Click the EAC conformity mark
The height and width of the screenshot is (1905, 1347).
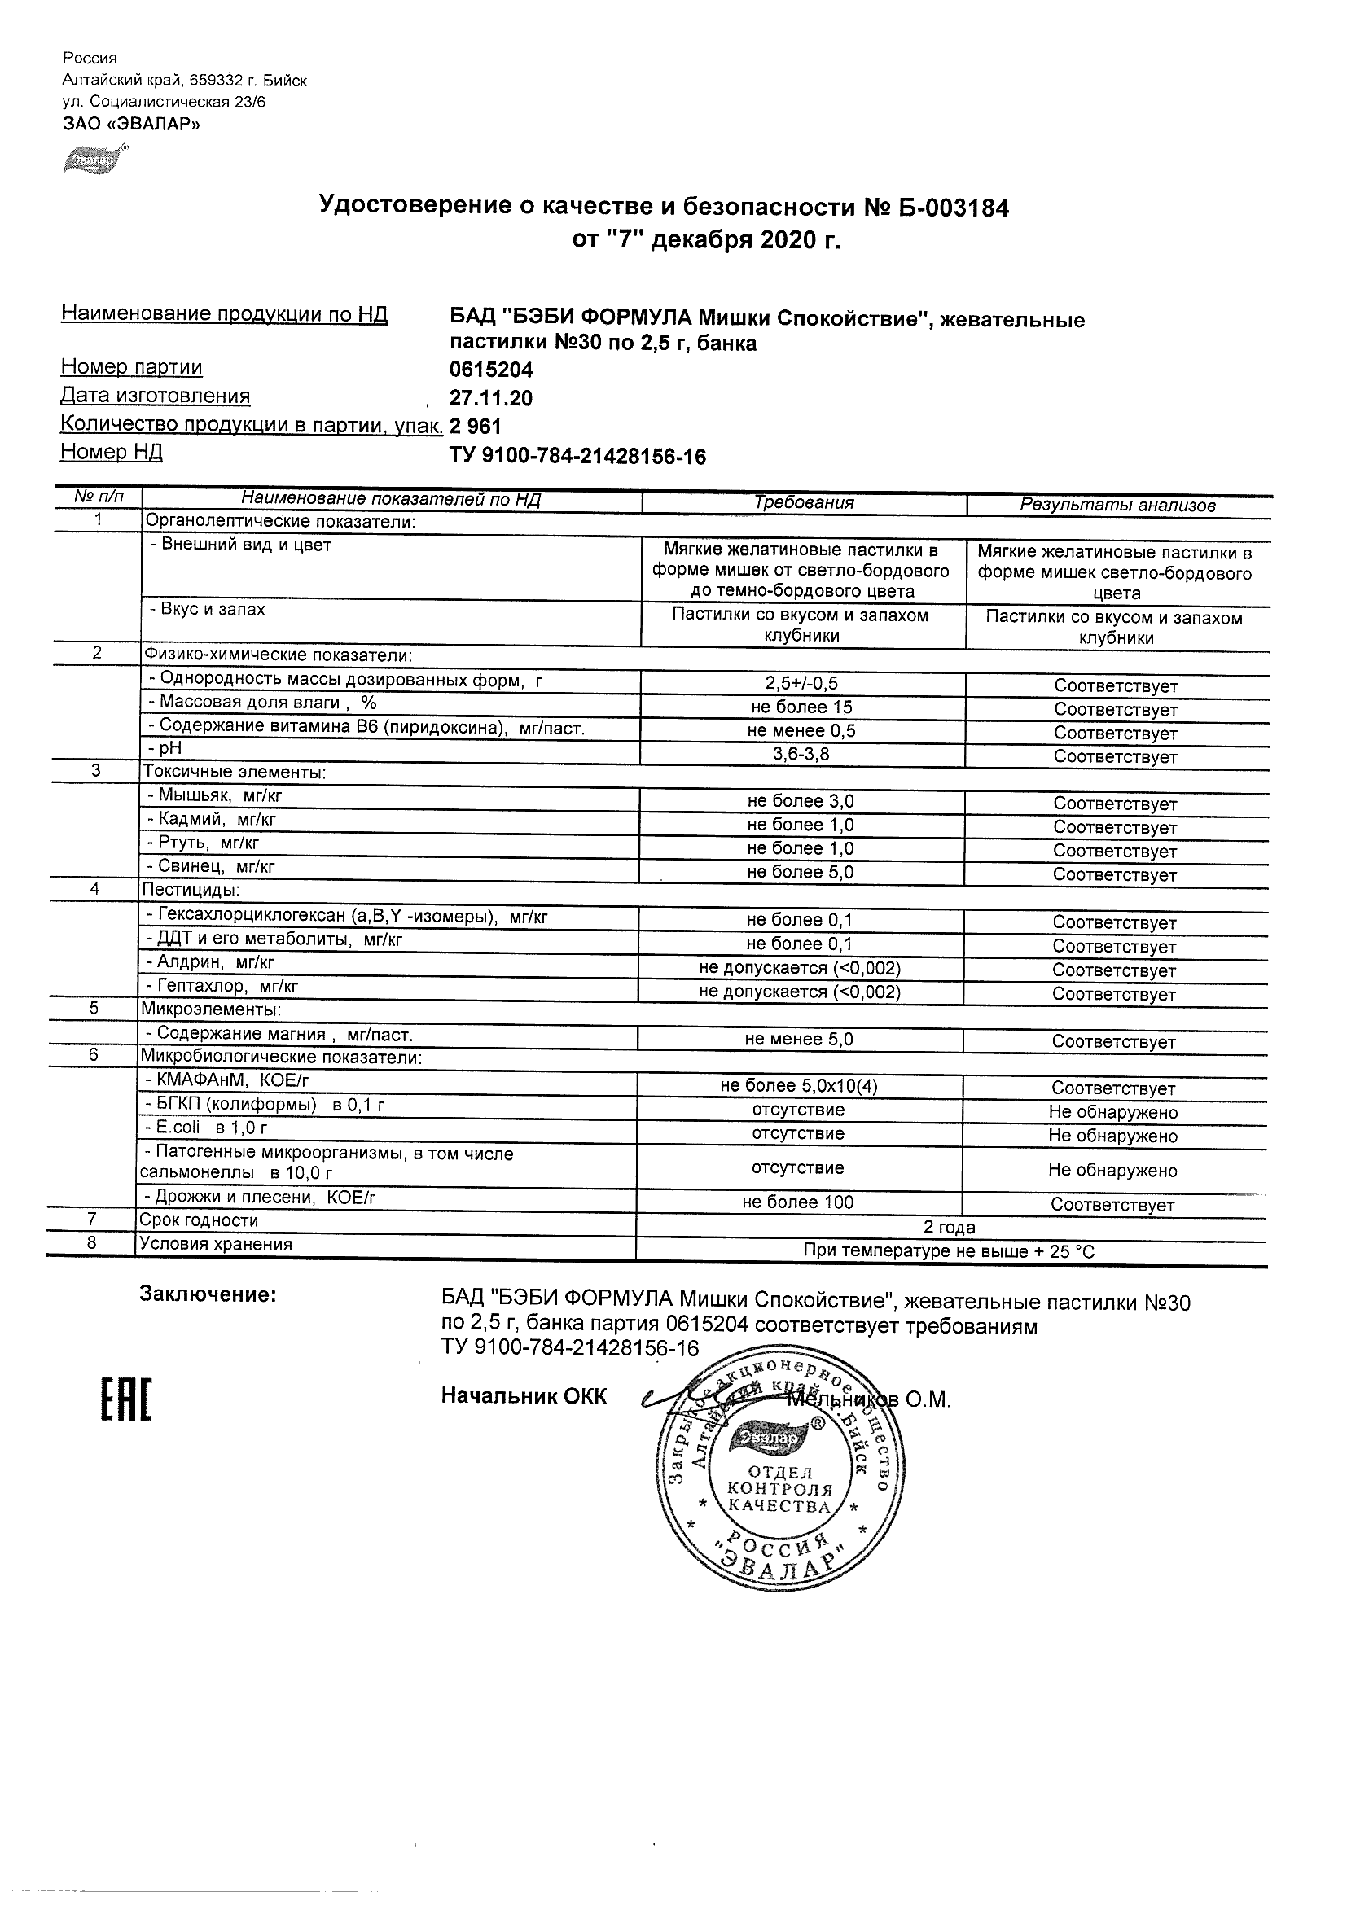[126, 1399]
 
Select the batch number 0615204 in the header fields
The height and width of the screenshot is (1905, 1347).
[490, 370]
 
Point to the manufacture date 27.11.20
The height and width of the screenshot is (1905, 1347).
[490, 398]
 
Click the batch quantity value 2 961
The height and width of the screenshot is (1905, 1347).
[476, 427]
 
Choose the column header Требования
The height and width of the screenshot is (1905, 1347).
[803, 503]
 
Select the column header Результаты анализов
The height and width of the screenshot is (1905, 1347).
[1117, 505]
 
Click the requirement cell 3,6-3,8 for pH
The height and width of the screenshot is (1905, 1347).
[801, 754]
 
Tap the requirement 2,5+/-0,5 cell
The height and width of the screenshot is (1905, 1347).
[801, 684]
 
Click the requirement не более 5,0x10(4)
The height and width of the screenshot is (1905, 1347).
[799, 1086]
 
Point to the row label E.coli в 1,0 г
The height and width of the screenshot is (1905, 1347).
[206, 1128]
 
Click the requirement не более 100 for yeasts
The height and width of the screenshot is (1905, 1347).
[797, 1202]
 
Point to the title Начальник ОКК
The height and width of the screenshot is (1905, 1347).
[524, 1396]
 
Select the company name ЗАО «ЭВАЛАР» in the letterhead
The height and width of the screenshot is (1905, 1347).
[131, 125]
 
